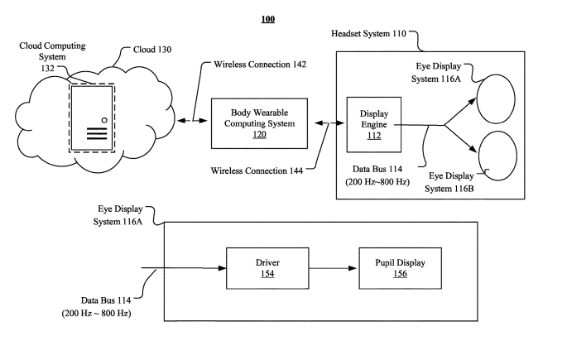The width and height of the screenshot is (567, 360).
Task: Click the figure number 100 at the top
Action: point(268,18)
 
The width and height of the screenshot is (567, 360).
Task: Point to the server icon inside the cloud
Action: point(91,118)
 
